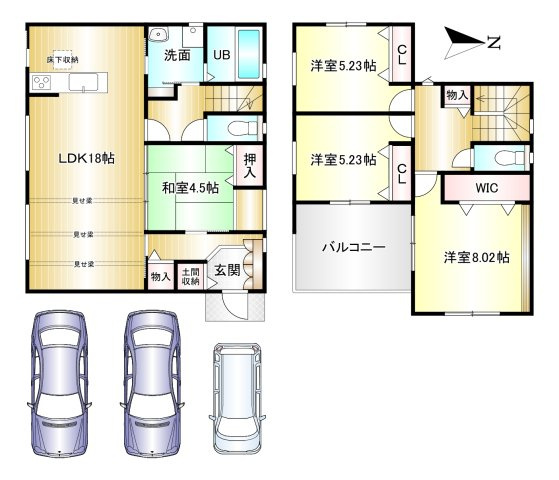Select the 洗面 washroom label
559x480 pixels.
177,55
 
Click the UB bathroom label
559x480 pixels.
220,56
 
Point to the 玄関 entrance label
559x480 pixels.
226,269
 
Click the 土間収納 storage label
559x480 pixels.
190,275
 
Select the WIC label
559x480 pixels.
486,187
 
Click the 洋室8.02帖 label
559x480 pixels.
477,257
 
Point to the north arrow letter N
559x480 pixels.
492,41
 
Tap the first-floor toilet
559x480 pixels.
233,128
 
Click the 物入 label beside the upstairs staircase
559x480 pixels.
456,95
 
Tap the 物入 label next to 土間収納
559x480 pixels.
160,276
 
